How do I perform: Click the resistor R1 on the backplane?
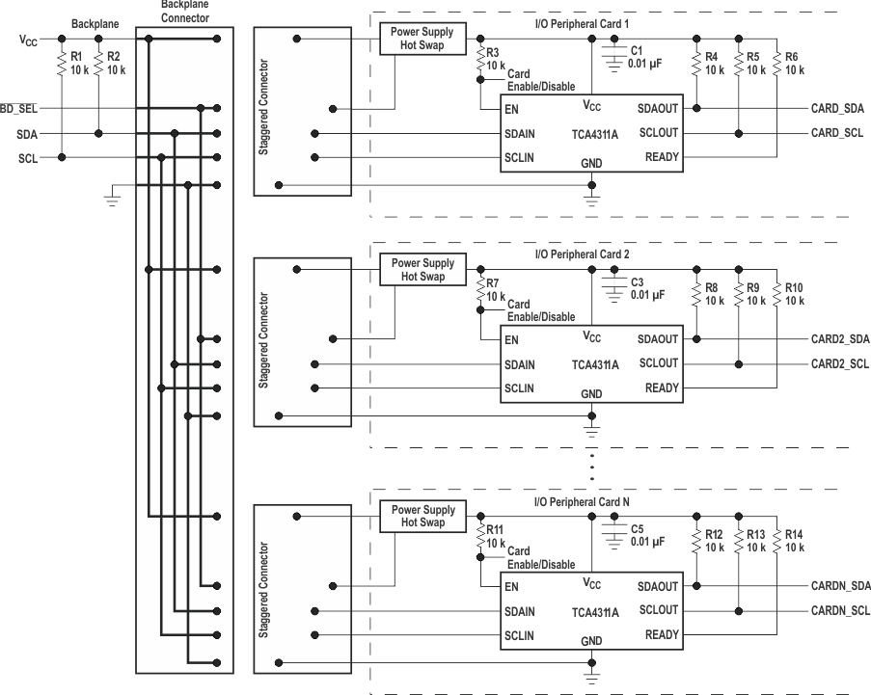[x=61, y=64]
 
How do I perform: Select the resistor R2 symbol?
[x=98, y=64]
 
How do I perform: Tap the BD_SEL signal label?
[x=19, y=109]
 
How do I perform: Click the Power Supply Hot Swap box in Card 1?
[x=422, y=39]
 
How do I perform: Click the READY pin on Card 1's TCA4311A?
[x=661, y=157]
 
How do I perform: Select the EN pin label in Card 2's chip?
[x=511, y=339]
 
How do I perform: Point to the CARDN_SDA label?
[x=840, y=585]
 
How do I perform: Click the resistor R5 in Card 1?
[x=738, y=64]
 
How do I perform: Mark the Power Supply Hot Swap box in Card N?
[x=422, y=516]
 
